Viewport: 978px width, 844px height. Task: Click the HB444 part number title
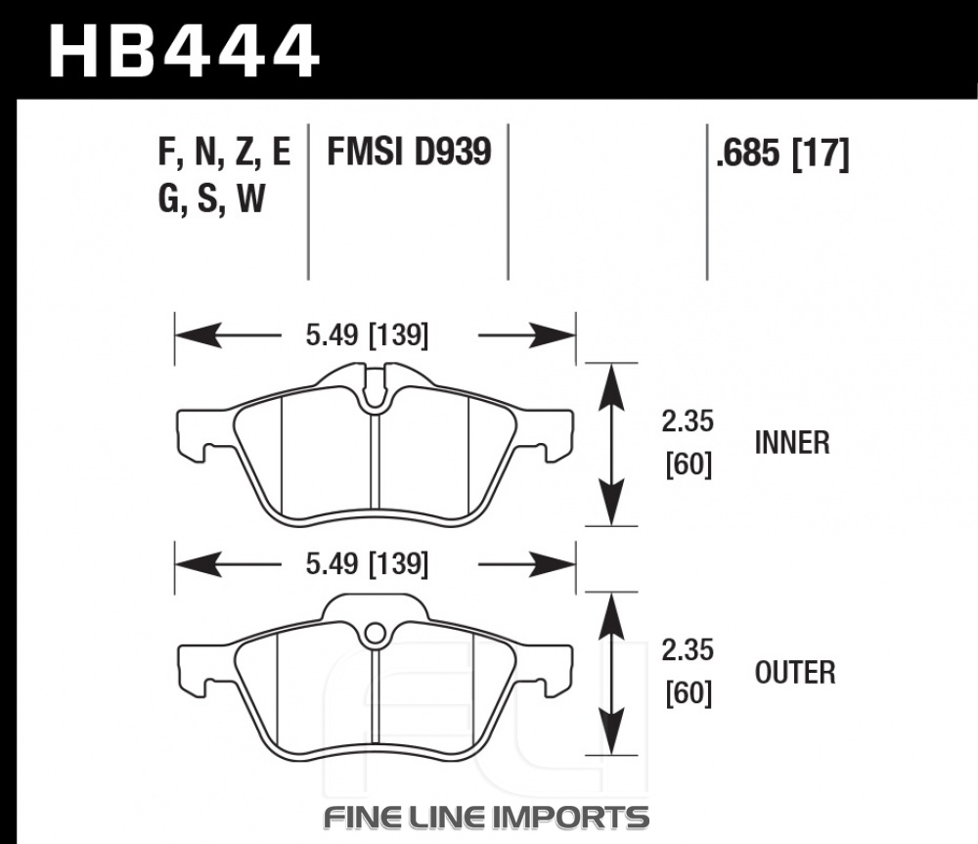point(184,50)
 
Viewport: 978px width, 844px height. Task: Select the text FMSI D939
point(409,152)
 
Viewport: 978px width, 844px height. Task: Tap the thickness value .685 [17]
point(782,153)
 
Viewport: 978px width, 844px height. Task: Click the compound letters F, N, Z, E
point(225,153)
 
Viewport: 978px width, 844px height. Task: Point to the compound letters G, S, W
point(212,199)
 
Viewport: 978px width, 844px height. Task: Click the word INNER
point(792,443)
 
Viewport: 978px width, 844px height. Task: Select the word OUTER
point(794,673)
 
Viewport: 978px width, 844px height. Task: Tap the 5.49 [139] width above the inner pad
point(367,335)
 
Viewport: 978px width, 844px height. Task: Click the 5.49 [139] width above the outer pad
point(367,564)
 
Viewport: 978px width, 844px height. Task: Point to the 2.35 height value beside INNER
point(688,422)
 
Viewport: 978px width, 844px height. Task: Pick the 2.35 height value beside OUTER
point(688,650)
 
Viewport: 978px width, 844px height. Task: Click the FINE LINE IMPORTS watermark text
point(486,818)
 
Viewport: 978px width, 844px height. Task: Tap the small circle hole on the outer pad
point(375,634)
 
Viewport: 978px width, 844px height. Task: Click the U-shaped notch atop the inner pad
point(375,390)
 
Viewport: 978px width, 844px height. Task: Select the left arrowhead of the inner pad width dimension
point(199,335)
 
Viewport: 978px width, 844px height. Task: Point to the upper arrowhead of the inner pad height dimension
point(611,387)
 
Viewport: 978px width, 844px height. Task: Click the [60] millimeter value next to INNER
point(689,465)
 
